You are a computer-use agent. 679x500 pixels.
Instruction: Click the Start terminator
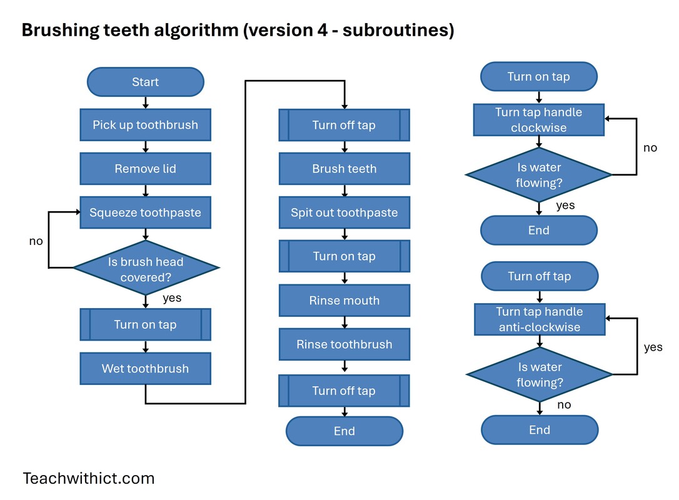click(x=145, y=82)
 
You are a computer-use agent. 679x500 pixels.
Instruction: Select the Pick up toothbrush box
click(x=145, y=125)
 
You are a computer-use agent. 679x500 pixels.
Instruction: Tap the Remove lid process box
click(x=145, y=169)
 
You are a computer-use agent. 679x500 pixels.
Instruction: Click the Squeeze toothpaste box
click(x=145, y=212)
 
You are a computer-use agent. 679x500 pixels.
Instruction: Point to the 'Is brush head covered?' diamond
click(x=146, y=269)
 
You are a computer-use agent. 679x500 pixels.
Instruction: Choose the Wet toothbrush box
click(x=145, y=369)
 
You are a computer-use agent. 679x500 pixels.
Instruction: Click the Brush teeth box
click(x=344, y=169)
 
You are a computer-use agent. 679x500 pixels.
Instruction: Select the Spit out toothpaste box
click(x=344, y=212)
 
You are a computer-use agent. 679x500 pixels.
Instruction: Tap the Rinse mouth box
click(x=344, y=301)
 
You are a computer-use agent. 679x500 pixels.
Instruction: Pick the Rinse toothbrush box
click(x=344, y=344)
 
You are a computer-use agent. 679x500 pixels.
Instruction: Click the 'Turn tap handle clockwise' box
click(x=538, y=120)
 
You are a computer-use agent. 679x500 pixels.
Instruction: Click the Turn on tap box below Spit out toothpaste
click(x=344, y=256)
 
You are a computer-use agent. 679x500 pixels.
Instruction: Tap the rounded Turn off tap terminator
click(x=539, y=276)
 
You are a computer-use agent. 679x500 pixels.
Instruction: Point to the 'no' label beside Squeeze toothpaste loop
click(x=36, y=241)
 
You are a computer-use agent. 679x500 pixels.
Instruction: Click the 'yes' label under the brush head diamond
click(x=172, y=298)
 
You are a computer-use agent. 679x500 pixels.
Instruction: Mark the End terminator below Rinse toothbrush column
click(x=344, y=431)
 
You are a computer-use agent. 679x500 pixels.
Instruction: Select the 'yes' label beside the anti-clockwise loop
click(x=653, y=347)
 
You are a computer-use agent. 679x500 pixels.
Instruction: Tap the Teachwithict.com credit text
click(x=88, y=479)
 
